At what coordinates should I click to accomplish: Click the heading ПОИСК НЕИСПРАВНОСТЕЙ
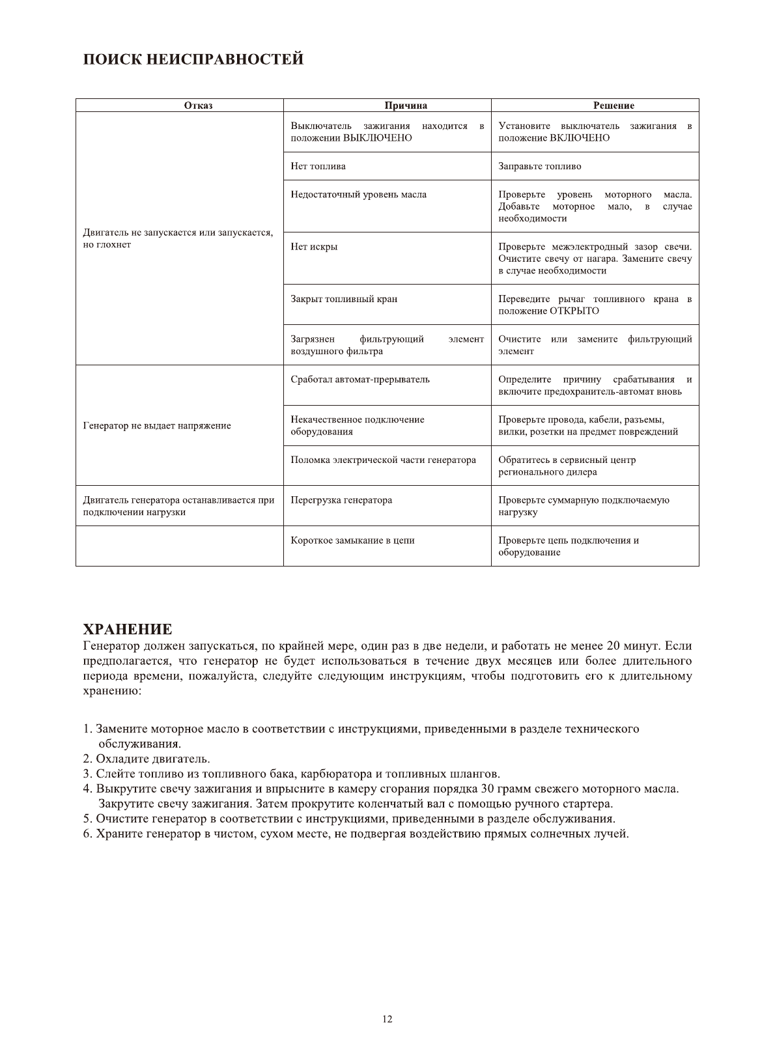click(193, 59)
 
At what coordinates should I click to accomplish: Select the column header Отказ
click(198, 105)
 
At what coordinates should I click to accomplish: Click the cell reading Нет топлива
click(318, 166)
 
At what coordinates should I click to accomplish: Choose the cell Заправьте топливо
click(540, 166)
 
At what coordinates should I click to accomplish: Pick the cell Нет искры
click(314, 247)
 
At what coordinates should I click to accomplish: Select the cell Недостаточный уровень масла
click(359, 195)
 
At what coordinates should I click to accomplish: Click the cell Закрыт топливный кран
click(344, 299)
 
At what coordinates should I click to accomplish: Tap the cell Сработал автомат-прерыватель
click(360, 380)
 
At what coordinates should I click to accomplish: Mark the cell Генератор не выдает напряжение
click(157, 426)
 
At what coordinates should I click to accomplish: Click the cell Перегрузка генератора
click(341, 500)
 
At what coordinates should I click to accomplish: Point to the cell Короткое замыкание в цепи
click(352, 540)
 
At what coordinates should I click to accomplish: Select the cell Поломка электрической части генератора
click(383, 460)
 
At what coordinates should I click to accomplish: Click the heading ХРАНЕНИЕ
click(128, 629)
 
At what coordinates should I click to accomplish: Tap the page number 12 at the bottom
click(387, 1019)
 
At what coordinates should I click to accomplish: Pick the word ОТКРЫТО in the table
click(574, 311)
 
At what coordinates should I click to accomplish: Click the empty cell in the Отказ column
click(180, 546)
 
